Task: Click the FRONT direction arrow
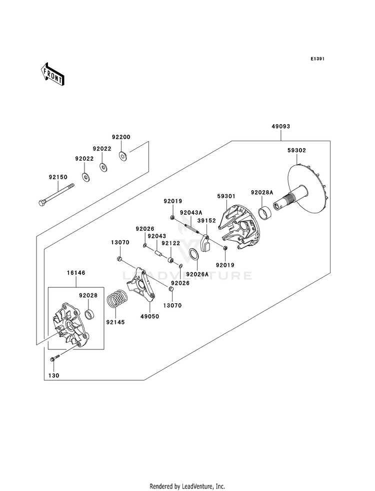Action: click(x=52, y=74)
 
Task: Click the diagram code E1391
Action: click(x=317, y=59)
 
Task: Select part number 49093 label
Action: click(x=280, y=127)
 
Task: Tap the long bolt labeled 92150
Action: click(x=57, y=195)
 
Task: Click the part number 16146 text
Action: click(x=75, y=273)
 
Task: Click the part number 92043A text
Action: click(x=190, y=212)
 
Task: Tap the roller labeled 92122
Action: click(x=171, y=260)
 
